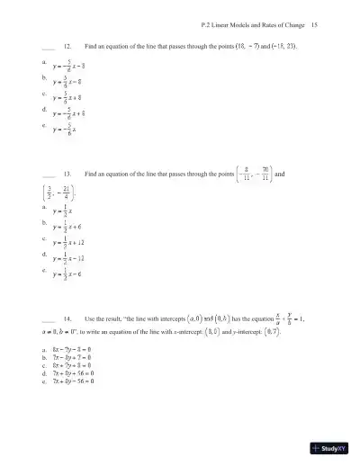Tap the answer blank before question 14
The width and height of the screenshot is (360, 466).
pyautogui.click(x=48, y=319)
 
